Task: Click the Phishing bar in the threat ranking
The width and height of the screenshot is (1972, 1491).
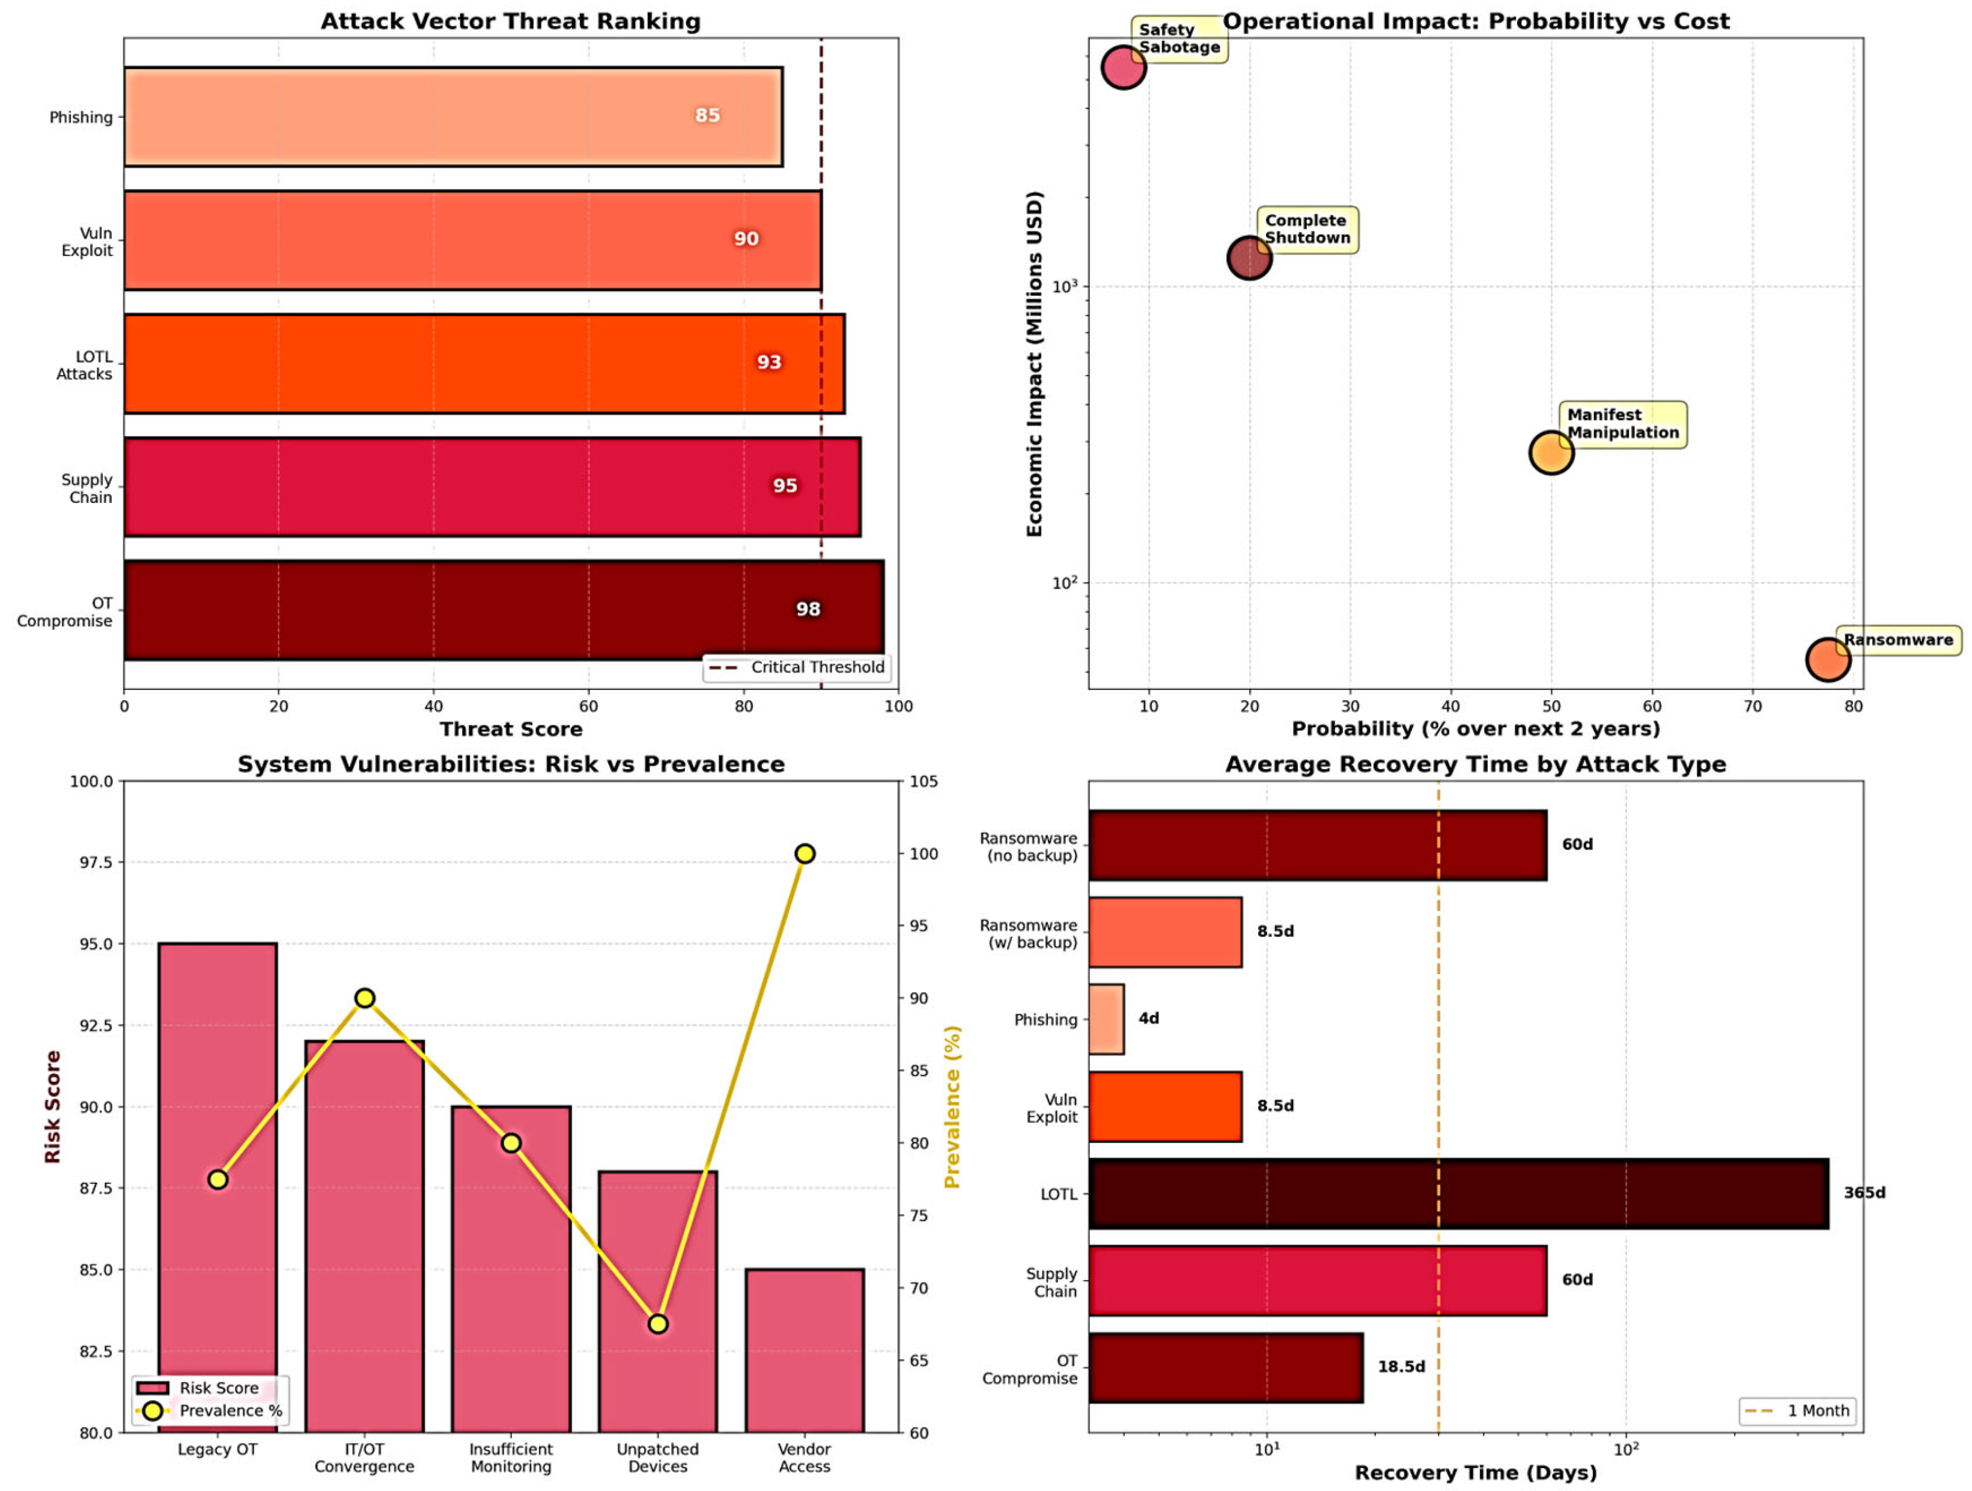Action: (453, 117)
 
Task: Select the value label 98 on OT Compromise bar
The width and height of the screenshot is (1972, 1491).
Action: (808, 609)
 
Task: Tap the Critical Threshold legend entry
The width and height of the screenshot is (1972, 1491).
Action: (798, 667)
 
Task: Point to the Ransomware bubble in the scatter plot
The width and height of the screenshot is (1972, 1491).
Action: (1828, 660)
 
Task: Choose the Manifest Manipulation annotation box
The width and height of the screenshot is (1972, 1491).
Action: (1622, 424)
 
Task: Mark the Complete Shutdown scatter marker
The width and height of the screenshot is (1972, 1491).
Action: (1249, 258)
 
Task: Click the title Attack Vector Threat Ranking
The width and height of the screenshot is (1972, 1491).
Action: (510, 22)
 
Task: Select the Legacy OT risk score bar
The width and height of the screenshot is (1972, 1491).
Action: (218, 1186)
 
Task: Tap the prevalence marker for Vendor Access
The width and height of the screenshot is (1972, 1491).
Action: (804, 853)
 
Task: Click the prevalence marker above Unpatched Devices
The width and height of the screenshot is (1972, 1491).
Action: (658, 1323)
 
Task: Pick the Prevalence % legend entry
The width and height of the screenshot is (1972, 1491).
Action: (210, 1410)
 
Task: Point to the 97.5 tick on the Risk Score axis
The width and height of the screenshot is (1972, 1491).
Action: (92, 862)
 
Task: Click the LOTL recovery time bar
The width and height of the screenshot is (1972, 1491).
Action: (1458, 1193)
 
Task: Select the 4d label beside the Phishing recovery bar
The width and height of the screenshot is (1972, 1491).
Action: (1148, 1019)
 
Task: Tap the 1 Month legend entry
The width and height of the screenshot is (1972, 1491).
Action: (1797, 1410)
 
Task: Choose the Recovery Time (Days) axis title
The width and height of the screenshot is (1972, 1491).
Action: (1476, 1472)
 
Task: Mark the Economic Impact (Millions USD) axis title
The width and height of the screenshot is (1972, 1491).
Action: (1034, 364)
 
